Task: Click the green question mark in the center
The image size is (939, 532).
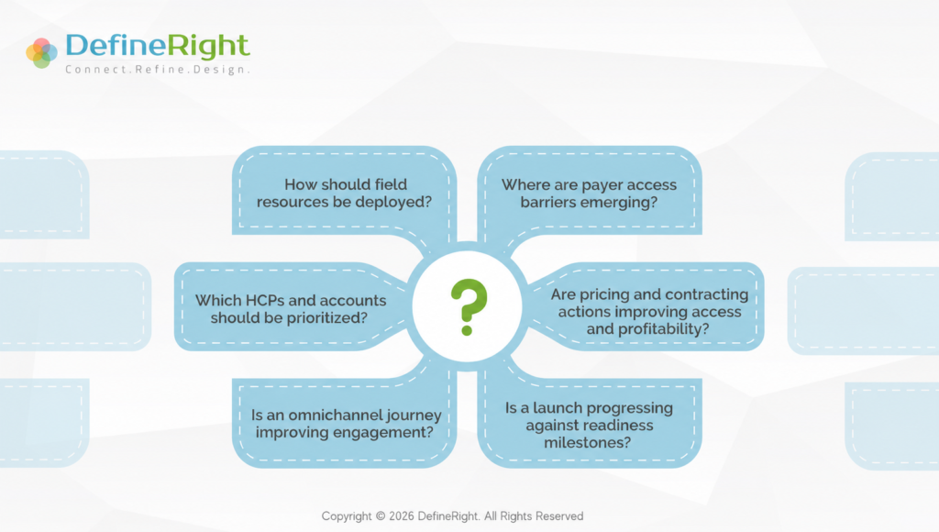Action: pos(469,306)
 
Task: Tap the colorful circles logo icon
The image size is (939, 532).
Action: pos(41,52)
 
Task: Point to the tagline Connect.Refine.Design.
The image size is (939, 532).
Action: pos(158,70)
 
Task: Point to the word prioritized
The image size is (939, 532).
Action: pos(330,317)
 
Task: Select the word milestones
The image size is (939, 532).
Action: pos(588,443)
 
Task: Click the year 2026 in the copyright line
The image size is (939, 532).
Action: pos(402,516)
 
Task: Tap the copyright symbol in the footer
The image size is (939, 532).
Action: pos(381,516)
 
